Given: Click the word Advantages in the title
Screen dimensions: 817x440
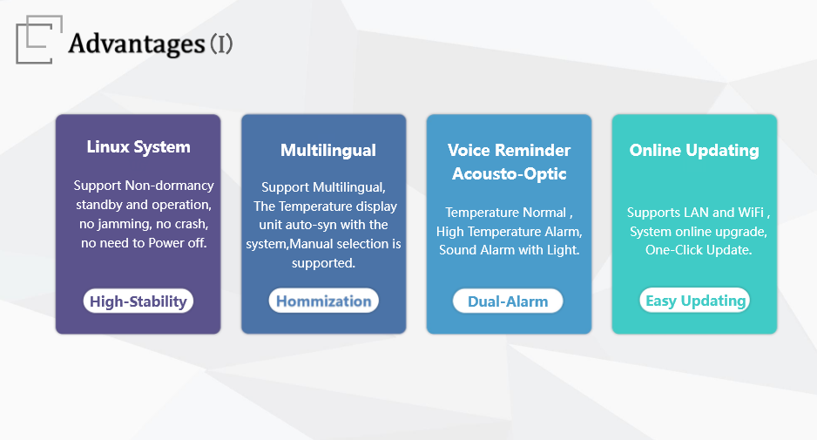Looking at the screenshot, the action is tap(137, 44).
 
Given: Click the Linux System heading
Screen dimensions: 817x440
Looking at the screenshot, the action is tap(138, 147).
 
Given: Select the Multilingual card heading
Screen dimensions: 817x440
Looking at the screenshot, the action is tap(328, 151).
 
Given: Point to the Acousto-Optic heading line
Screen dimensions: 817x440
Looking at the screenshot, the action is tap(509, 173).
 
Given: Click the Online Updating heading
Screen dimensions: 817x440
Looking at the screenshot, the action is tap(694, 151).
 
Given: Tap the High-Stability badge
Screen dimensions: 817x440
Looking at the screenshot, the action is tap(138, 301).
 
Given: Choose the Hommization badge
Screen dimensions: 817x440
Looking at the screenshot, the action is tap(323, 301).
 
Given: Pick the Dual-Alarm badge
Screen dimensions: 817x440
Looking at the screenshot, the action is tap(508, 301).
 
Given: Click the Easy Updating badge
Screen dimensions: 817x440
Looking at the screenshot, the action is tap(694, 301).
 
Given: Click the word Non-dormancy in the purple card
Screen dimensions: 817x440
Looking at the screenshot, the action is tap(169, 186).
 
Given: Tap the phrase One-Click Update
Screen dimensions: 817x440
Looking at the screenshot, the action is tap(699, 250).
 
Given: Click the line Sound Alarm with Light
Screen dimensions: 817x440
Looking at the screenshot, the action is tap(509, 250).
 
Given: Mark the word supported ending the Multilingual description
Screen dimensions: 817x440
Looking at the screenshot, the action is tap(323, 263).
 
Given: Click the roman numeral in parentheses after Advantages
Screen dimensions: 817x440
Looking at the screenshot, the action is tap(221, 44).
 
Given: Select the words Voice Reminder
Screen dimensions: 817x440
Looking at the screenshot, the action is tap(509, 151).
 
